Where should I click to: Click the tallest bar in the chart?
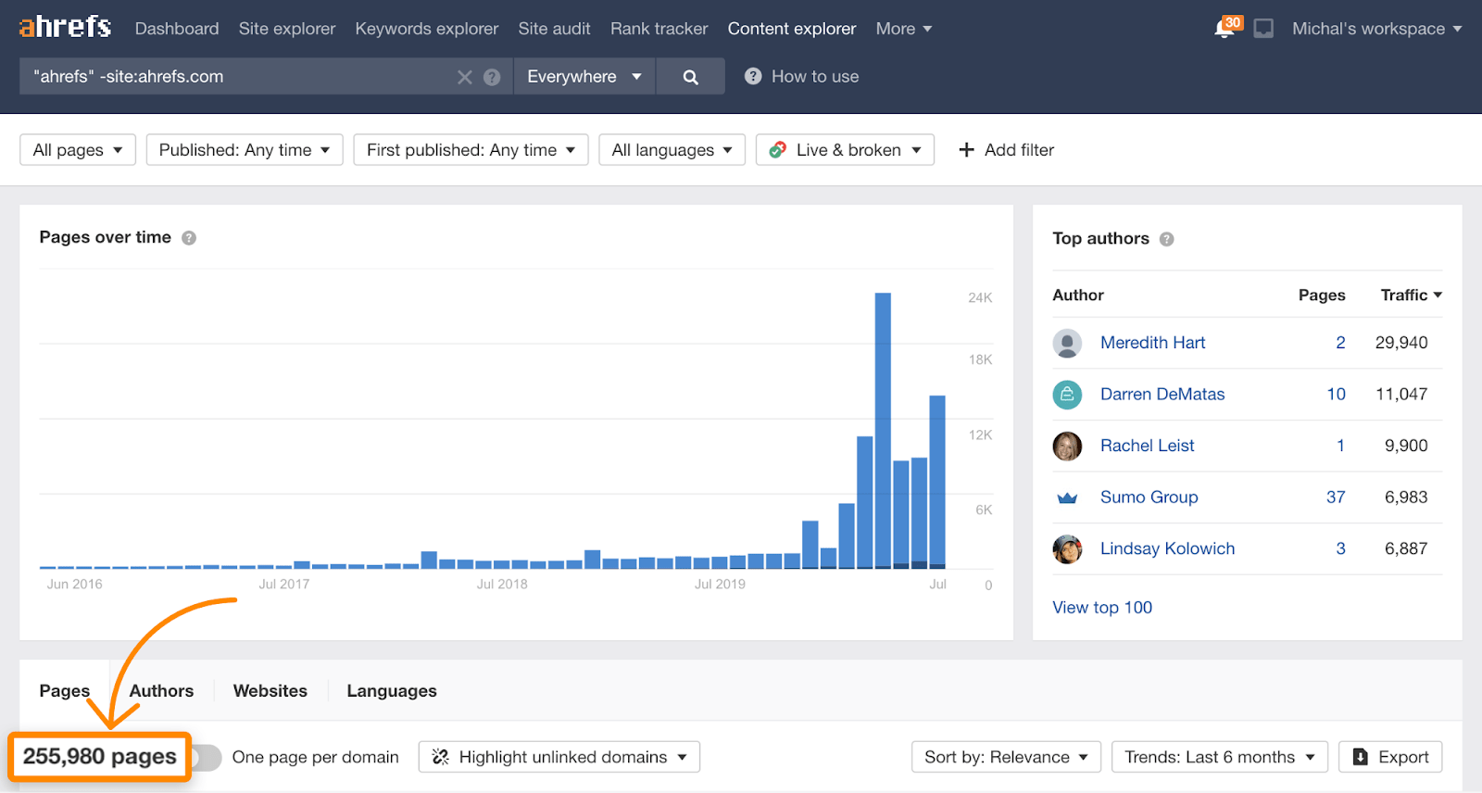coord(883,431)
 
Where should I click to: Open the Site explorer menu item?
coord(287,29)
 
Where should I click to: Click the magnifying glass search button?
coord(690,77)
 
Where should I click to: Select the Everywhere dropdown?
coord(584,77)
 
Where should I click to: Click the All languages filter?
coord(672,150)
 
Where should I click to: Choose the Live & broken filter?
coord(845,150)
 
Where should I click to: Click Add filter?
coord(1006,150)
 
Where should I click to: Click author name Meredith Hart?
coord(1152,343)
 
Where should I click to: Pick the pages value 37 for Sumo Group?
coord(1335,497)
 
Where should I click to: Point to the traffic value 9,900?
coord(1405,446)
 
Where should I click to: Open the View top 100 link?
coord(1102,608)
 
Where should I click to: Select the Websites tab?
coord(270,691)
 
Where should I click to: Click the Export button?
coord(1390,757)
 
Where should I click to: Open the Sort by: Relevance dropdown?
coord(1006,757)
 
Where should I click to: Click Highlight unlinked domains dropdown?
coord(559,757)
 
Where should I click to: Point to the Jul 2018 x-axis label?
coord(502,585)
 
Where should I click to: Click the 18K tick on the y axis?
coord(980,360)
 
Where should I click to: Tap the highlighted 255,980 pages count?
coord(99,757)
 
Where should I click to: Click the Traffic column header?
coord(1410,296)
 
